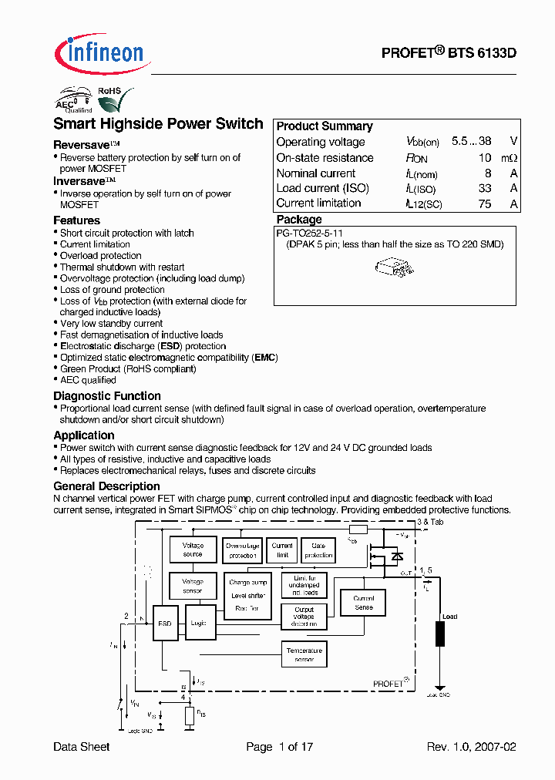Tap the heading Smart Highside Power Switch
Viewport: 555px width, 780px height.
[158, 124]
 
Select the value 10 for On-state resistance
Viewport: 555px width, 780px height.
[484, 158]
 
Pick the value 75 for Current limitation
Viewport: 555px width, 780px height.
[484, 203]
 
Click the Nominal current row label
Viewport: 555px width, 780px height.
[316, 173]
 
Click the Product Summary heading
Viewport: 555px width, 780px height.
[325, 126]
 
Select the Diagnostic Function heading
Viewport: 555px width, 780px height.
[107, 396]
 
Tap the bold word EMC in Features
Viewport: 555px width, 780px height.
[264, 358]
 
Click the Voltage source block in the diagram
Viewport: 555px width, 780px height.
[193, 550]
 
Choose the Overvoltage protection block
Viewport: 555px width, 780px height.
[242, 550]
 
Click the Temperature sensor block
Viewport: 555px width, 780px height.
[304, 654]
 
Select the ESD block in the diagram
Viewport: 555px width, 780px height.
[164, 624]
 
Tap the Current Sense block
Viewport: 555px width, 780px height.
[363, 603]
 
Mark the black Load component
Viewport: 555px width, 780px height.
[440, 633]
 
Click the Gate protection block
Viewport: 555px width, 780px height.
[318, 550]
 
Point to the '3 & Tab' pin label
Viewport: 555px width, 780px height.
[429, 523]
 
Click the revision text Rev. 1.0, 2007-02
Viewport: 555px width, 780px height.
[471, 747]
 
